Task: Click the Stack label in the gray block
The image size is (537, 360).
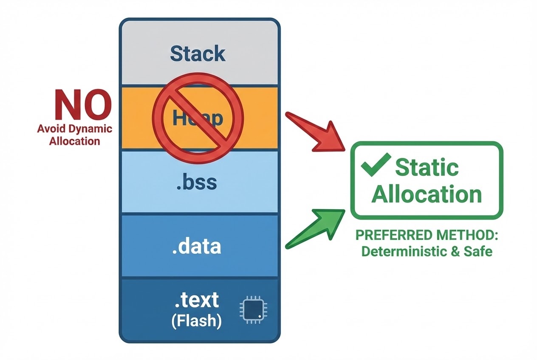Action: (198, 54)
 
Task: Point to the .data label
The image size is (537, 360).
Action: (197, 246)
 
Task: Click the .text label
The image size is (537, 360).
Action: (197, 300)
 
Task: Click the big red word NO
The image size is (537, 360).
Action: (83, 105)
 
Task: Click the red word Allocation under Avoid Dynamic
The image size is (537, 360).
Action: (74, 141)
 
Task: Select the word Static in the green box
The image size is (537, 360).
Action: (427, 167)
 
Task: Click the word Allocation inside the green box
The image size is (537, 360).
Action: (427, 194)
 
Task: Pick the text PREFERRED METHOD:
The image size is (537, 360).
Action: (427, 235)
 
